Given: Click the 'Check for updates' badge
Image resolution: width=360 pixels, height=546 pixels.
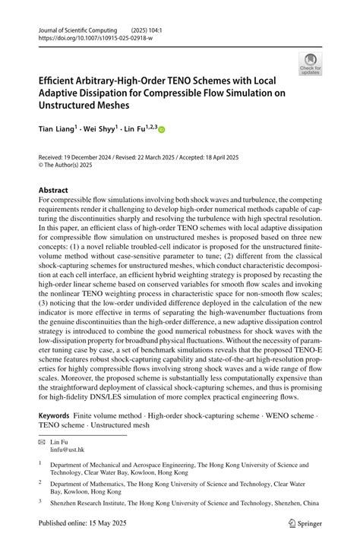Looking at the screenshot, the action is (309, 64).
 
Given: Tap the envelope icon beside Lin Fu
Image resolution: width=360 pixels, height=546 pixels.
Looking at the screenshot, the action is (43, 442).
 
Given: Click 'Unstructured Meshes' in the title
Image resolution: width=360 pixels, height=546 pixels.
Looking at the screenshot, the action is (95, 107).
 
